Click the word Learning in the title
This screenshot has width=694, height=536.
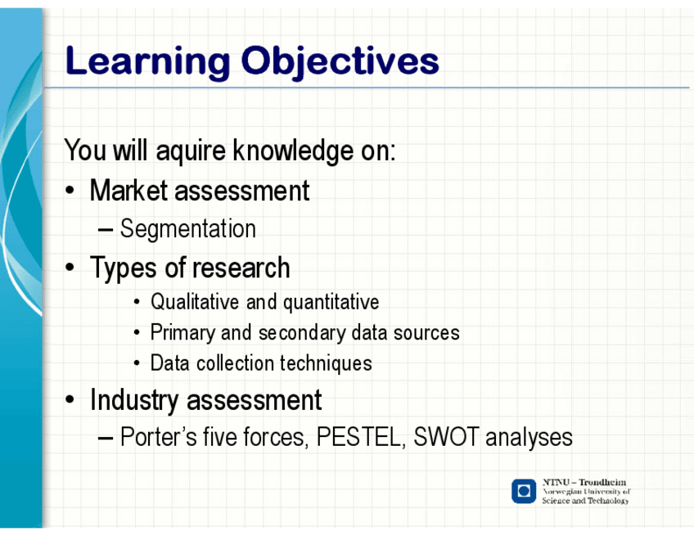tap(148, 62)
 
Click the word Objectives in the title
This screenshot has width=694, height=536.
tap(340, 62)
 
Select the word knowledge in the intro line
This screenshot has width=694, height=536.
tap(294, 151)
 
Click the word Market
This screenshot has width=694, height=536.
tap(128, 191)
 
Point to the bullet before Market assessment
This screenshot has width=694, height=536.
tap(70, 191)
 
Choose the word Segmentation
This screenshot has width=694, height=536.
tap(188, 229)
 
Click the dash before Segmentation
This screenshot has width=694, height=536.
tap(106, 230)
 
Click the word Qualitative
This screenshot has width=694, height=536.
tap(195, 302)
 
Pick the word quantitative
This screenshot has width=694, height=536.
tap(331, 303)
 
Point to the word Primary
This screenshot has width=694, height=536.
tap(183, 333)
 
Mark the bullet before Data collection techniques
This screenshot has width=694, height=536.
tap(137, 364)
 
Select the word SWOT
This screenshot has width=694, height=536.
tap(446, 437)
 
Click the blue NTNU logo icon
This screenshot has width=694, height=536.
tap(524, 491)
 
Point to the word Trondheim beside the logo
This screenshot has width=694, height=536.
tap(602, 482)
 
